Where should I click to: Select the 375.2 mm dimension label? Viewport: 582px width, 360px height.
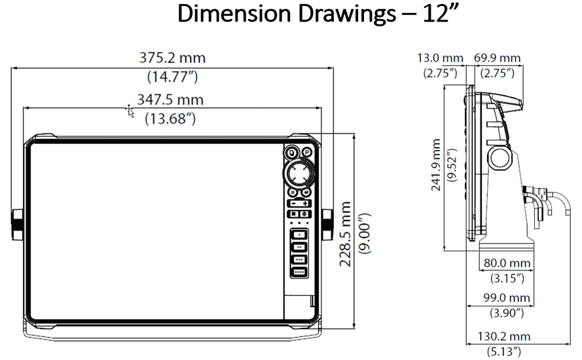coord(172,58)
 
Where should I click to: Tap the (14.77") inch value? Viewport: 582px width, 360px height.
coord(172,77)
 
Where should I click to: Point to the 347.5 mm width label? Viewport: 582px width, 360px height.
coord(170,99)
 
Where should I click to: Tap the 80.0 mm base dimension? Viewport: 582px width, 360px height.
coord(507,263)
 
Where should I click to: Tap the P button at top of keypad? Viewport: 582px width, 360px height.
coord(291,153)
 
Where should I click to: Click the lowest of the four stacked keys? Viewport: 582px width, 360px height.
coord(299,271)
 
